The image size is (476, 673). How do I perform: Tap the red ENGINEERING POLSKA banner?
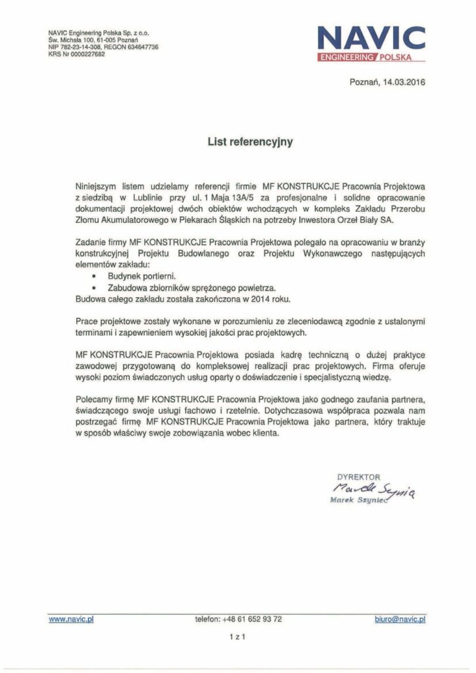[x=371, y=58]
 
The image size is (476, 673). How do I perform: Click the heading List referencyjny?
[x=237, y=141]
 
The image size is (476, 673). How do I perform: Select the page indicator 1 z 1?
[x=237, y=636]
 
